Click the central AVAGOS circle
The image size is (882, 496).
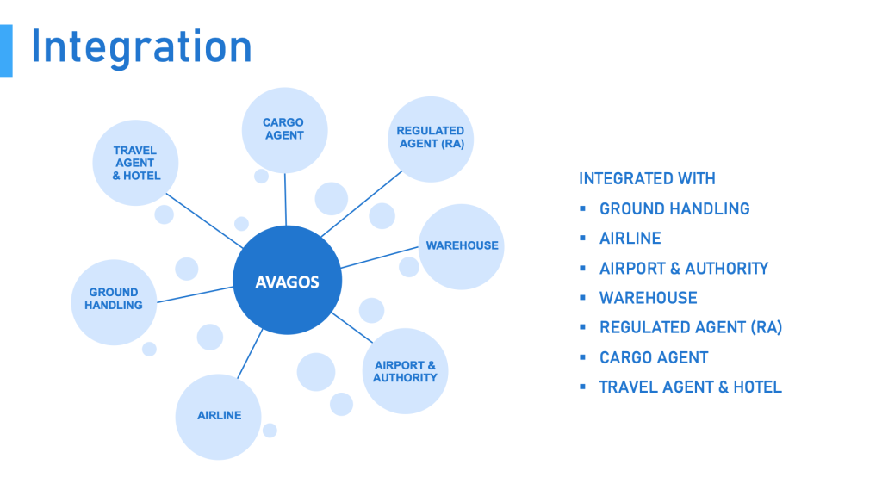(x=288, y=280)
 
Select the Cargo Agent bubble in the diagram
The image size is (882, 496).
(x=284, y=131)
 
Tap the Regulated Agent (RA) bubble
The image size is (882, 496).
(x=431, y=139)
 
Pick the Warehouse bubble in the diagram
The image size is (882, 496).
(x=462, y=246)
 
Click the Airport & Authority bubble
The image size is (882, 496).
(x=405, y=371)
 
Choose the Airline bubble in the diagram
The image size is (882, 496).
(x=218, y=417)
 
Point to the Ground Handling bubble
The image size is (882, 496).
(x=114, y=302)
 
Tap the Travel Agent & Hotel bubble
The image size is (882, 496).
(x=135, y=163)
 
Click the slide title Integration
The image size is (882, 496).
(x=141, y=47)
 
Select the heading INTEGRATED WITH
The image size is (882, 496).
(x=647, y=179)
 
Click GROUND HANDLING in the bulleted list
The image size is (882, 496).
(x=674, y=208)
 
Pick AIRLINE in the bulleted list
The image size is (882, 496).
(x=630, y=239)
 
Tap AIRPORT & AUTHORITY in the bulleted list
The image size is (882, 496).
(x=683, y=269)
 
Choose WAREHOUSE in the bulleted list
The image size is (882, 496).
(x=648, y=297)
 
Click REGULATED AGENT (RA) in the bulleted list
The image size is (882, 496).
(x=691, y=327)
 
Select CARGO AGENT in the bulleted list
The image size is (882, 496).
(x=654, y=357)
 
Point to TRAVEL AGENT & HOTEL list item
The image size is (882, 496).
(x=690, y=387)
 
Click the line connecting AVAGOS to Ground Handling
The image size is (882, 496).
(x=196, y=294)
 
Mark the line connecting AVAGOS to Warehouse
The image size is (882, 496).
(x=380, y=257)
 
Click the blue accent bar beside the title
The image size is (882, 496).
(x=6, y=51)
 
